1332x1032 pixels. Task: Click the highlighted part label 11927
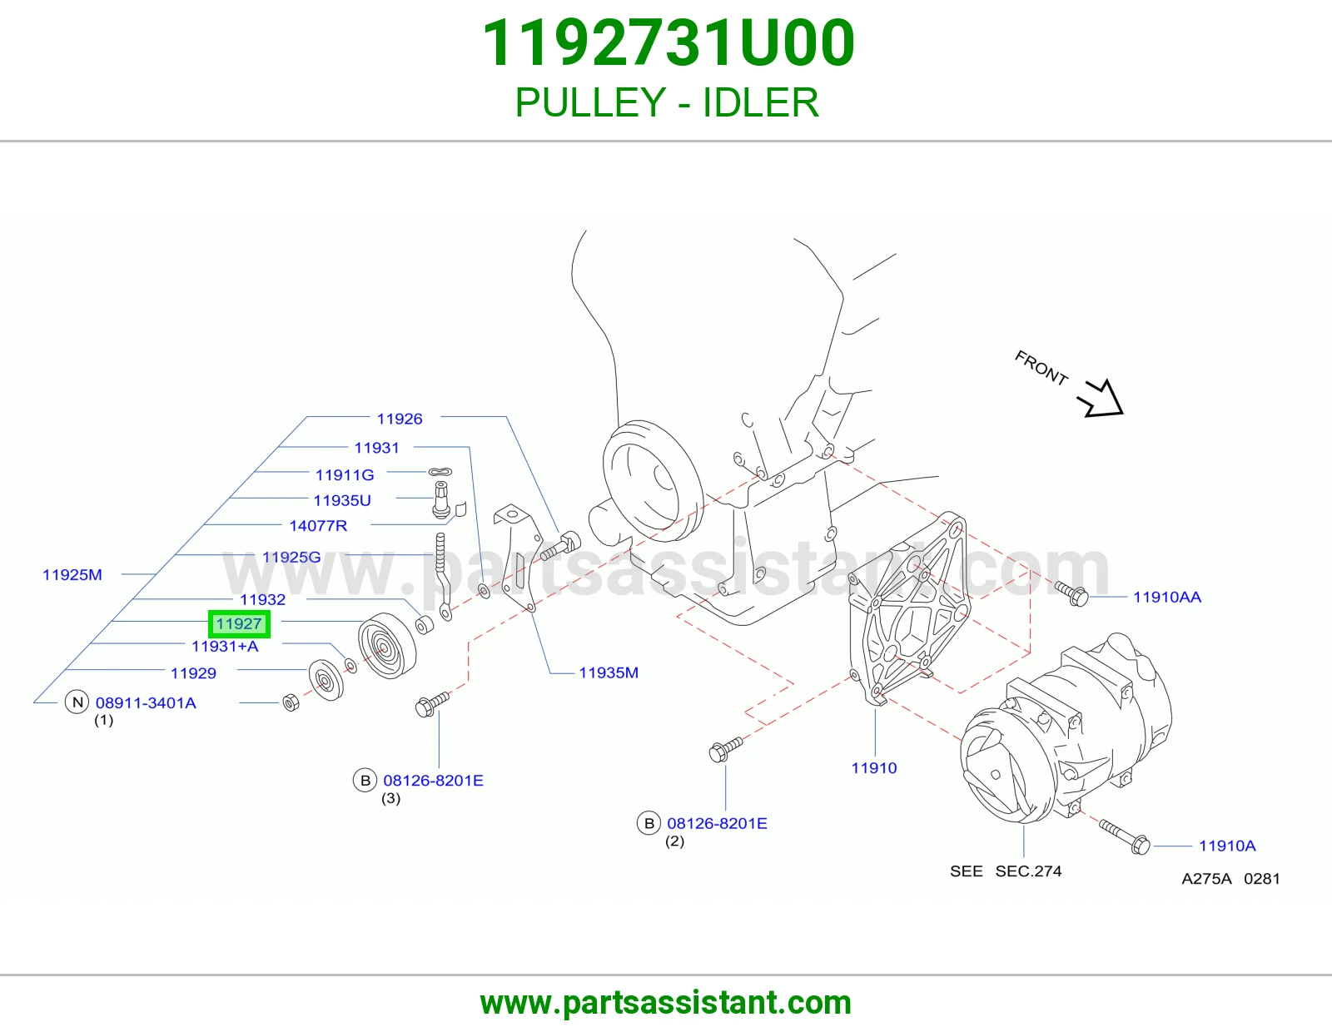[239, 624]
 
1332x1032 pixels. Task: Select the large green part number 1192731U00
[668, 43]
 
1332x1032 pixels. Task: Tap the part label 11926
[400, 419]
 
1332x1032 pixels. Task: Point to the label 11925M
[72, 575]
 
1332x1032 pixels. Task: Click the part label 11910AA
[1167, 597]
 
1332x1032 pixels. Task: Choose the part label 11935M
[609, 672]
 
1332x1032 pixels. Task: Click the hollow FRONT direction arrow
[1101, 399]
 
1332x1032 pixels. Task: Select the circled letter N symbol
[77, 702]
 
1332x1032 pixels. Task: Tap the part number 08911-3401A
[146, 703]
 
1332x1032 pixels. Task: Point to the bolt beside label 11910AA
[1071, 594]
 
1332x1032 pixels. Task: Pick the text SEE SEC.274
[1006, 871]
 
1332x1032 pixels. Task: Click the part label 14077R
[318, 526]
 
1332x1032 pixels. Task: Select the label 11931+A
[225, 646]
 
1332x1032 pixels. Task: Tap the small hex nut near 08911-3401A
[291, 702]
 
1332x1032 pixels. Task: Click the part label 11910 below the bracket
[874, 768]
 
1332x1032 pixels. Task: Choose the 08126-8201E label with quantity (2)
[717, 823]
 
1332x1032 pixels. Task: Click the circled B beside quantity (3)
[365, 780]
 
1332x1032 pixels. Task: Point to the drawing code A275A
[1206, 879]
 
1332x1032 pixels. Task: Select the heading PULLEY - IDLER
[667, 102]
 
